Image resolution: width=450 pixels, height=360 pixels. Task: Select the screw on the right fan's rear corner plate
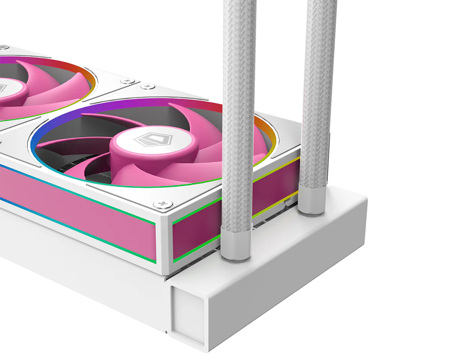[147, 87]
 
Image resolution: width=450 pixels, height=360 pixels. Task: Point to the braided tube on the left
[239, 112]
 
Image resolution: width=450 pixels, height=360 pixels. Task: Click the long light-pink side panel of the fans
[75, 210]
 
